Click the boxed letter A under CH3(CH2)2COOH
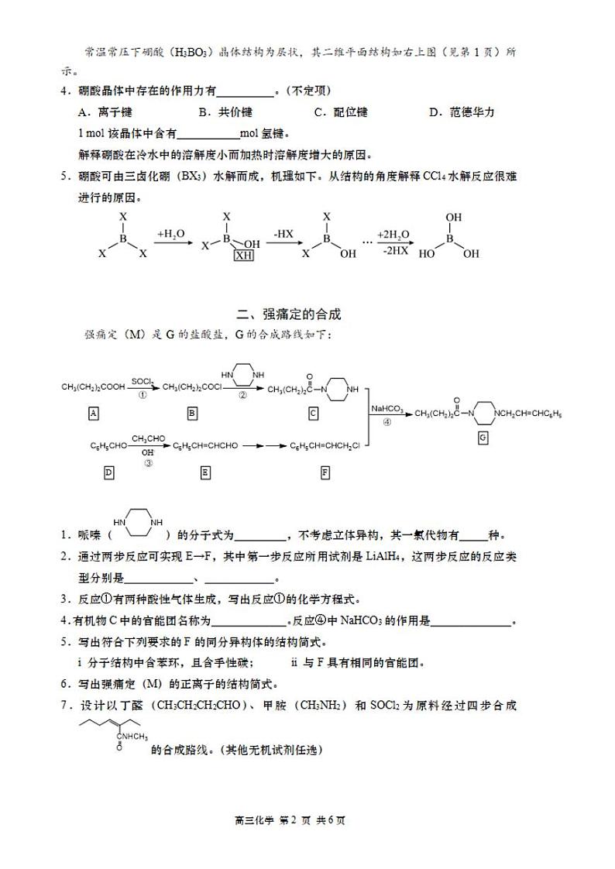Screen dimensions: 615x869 pos(94,414)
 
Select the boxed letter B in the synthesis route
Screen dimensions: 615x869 pos(191,414)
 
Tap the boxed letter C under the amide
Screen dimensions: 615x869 pos(313,414)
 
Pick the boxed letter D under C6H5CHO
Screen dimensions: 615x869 pos(108,472)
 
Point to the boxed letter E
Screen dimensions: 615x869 pos(205,472)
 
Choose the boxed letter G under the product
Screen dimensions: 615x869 pos(483,438)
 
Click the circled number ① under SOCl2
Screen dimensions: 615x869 pos(142,394)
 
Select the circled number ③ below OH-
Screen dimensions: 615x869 pos(148,462)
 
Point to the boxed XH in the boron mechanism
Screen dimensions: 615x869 pos(244,255)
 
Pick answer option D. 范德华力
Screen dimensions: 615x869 pos(461,112)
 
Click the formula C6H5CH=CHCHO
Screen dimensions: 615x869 pos(205,445)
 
